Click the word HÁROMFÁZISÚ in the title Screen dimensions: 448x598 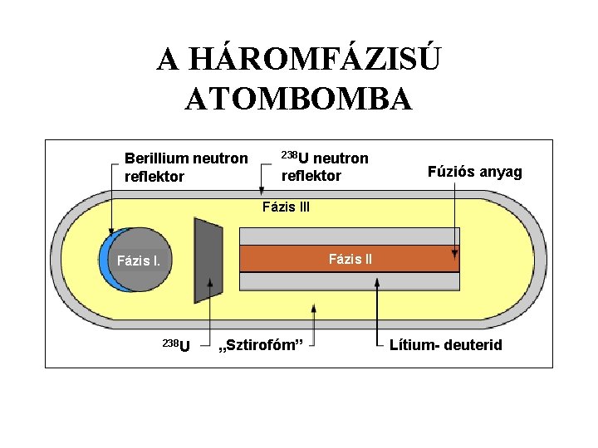coord(299,60)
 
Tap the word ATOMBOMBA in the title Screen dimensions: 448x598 coord(299,100)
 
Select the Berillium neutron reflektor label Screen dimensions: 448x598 coord(185,167)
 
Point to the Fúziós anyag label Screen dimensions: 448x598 coord(474,172)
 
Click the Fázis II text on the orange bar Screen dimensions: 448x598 coord(350,259)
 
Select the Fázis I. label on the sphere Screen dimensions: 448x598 coord(139,261)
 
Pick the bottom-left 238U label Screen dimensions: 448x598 coord(174,344)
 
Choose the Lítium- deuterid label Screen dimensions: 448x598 coord(445,344)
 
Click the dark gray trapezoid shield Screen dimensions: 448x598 coord(206,261)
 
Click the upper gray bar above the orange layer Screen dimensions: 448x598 coord(349,235)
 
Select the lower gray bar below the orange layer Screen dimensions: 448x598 coord(349,281)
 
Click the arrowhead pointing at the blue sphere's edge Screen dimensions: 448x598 coord(111,233)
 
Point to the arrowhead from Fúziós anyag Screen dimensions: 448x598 coord(454,252)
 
